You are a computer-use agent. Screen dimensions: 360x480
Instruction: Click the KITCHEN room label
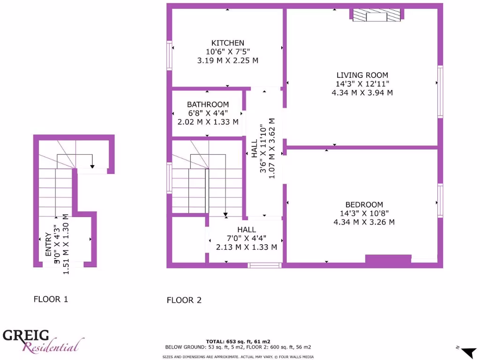pyautogui.click(x=227, y=43)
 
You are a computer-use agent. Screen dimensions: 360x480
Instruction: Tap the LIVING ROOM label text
pyautogui.click(x=362, y=75)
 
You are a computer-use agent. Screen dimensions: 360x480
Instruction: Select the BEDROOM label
pyautogui.click(x=364, y=204)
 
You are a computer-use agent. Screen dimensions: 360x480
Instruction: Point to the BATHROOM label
pyautogui.click(x=208, y=105)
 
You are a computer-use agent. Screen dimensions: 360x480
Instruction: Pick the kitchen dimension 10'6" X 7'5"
pyautogui.click(x=228, y=52)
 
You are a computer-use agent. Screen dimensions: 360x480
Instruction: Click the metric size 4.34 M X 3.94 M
pyautogui.click(x=362, y=92)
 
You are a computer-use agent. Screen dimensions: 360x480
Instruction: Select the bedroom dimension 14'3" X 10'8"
pyautogui.click(x=364, y=213)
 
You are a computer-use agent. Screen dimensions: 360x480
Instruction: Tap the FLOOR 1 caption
pyautogui.click(x=51, y=299)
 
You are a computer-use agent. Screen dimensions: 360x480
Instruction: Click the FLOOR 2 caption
pyautogui.click(x=184, y=300)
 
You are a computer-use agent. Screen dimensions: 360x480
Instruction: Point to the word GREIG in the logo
pyautogui.click(x=26, y=335)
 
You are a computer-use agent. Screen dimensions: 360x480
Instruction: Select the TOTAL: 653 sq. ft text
pyautogui.click(x=238, y=341)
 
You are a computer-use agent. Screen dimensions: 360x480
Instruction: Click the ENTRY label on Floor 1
pyautogui.click(x=48, y=244)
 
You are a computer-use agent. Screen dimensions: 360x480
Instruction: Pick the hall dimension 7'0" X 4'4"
pyautogui.click(x=246, y=238)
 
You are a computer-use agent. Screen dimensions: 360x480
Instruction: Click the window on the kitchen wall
pyautogui.click(x=170, y=55)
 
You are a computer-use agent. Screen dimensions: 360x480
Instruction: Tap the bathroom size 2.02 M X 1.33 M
pyautogui.click(x=208, y=121)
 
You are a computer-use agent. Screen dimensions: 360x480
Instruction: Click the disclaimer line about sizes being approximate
pyautogui.click(x=238, y=357)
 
